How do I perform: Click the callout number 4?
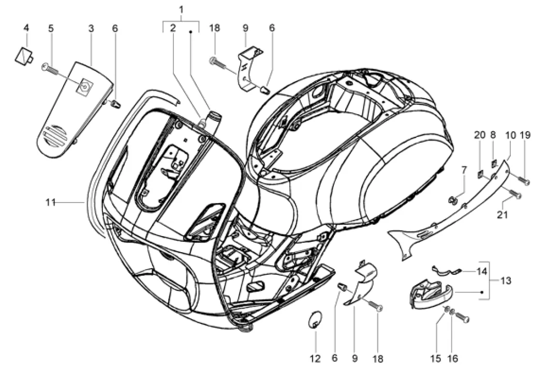pyautogui.click(x=26, y=27)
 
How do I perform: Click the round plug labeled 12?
pyautogui.click(x=315, y=319)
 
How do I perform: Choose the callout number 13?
pyautogui.click(x=506, y=281)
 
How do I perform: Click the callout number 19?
pyautogui.click(x=525, y=135)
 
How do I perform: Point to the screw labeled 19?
pyautogui.click(x=524, y=180)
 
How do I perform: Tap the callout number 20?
pyautogui.click(x=480, y=135)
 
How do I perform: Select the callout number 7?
pyautogui.click(x=464, y=170)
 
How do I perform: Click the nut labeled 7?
pyautogui.click(x=453, y=199)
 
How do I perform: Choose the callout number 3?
pyautogui.click(x=91, y=28)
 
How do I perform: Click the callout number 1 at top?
pyautogui.click(x=181, y=10)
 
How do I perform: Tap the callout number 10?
pyautogui.click(x=510, y=135)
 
